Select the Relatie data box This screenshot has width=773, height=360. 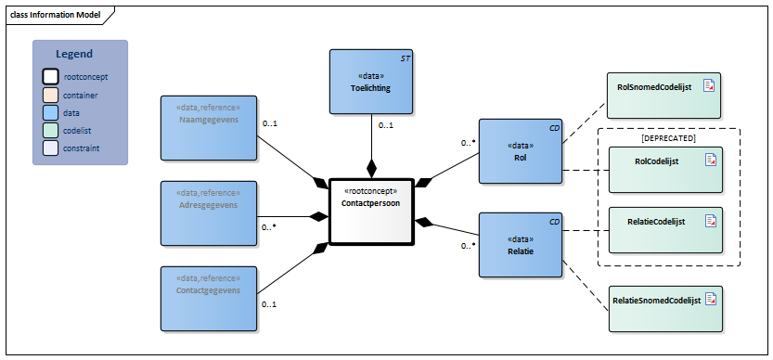click(x=520, y=245)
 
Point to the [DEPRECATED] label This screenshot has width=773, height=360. click(x=668, y=137)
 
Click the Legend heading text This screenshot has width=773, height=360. click(x=74, y=55)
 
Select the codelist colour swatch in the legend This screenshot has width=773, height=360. click(x=51, y=130)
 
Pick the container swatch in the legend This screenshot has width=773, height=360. click(x=51, y=95)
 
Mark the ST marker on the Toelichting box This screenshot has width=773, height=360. click(x=405, y=58)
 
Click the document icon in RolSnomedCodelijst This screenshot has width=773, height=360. click(x=709, y=85)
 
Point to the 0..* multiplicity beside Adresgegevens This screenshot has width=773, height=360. click(x=269, y=226)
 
